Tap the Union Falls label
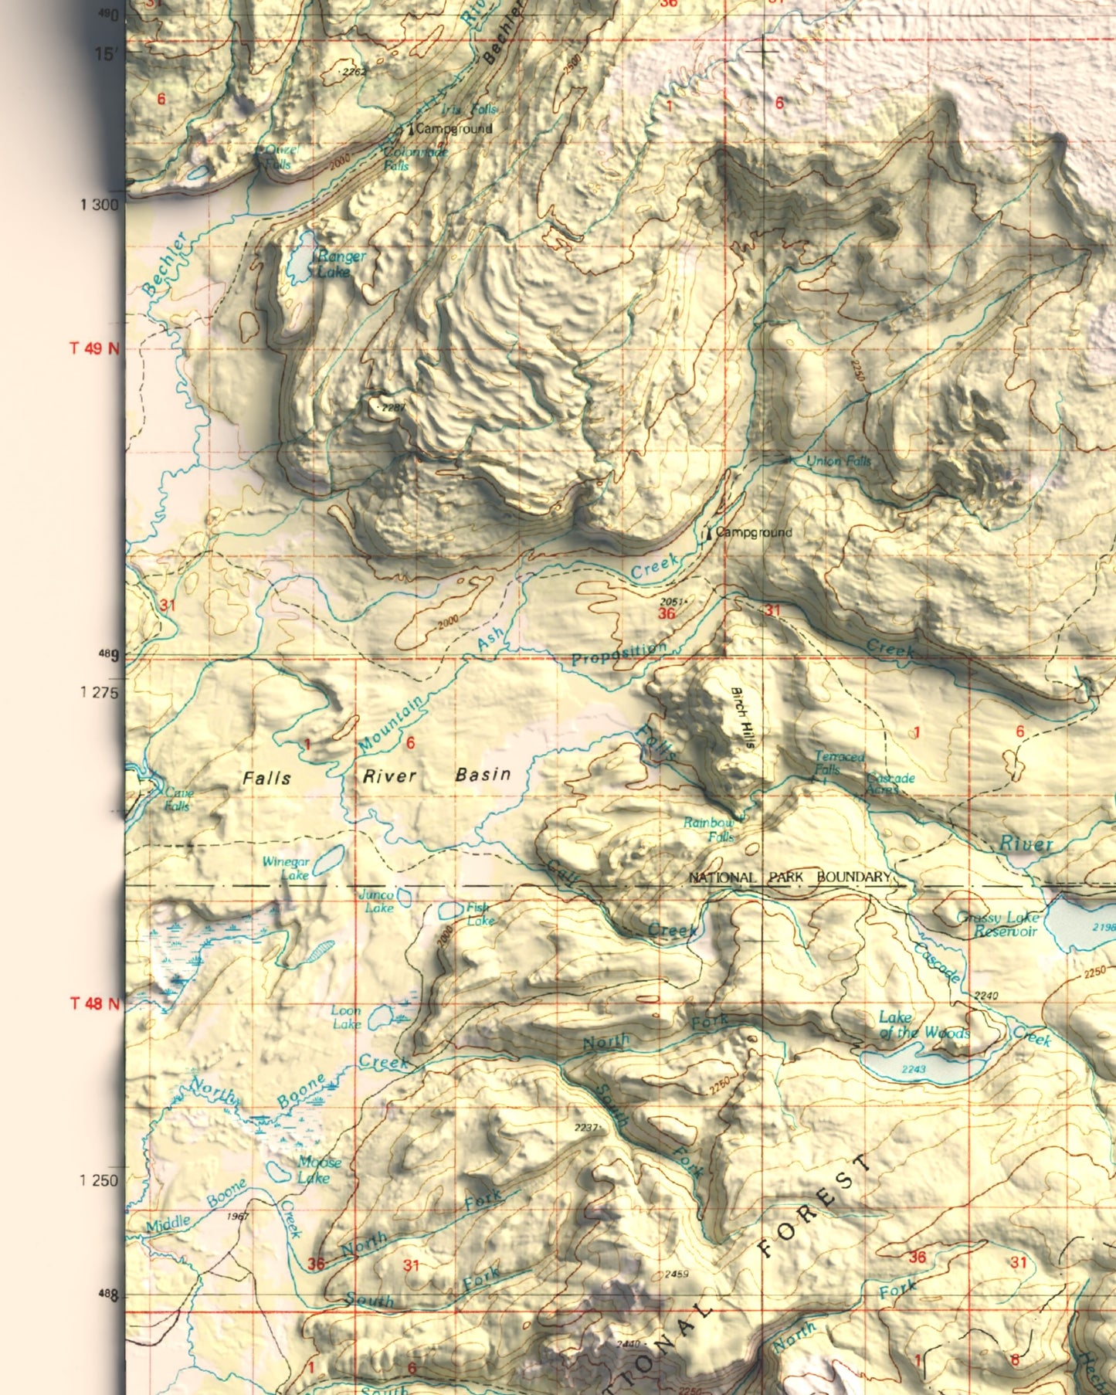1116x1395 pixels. pyautogui.click(x=838, y=461)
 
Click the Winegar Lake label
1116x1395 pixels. pyautogui.click(x=287, y=868)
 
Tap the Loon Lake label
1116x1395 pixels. pyautogui.click(x=346, y=1017)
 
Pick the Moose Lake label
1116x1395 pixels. pyautogui.click(x=318, y=1169)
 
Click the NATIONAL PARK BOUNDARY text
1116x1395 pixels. pyautogui.click(x=789, y=877)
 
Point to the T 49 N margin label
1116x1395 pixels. pyautogui.click(x=94, y=348)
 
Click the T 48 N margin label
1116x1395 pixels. pyautogui.click(x=94, y=1003)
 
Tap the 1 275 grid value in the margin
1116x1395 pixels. pyautogui.click(x=99, y=692)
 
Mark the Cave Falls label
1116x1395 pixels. pyautogui.click(x=178, y=799)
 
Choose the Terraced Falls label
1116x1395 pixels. pyautogui.click(x=839, y=763)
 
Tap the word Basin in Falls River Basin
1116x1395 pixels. pyautogui.click(x=483, y=774)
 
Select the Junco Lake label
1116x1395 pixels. pyautogui.click(x=378, y=901)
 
